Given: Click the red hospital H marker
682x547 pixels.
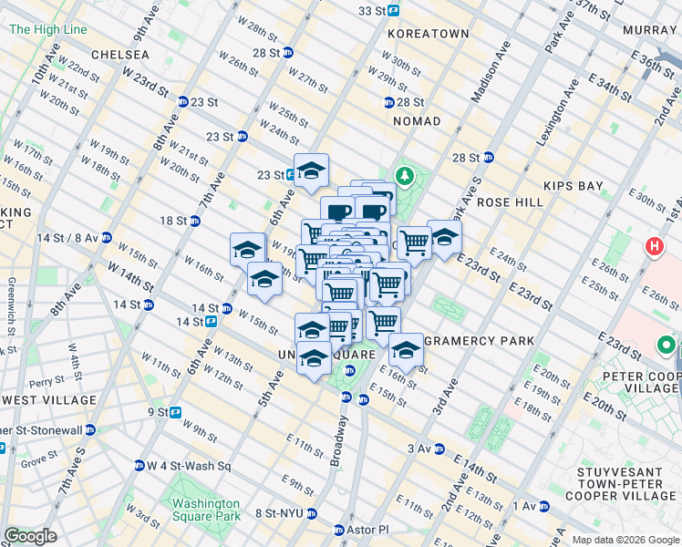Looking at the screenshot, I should [x=653, y=246].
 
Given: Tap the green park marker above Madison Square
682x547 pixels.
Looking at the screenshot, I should [x=402, y=175].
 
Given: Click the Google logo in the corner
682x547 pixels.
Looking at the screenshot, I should [x=30, y=535].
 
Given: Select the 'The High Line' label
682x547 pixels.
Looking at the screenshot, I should [x=47, y=29].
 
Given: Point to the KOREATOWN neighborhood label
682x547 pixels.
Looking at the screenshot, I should [x=428, y=34].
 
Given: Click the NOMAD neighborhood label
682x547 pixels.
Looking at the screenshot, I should [x=416, y=121].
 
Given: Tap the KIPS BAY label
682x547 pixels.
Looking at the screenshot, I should [x=573, y=186].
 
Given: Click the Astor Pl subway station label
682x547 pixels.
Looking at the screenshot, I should [x=367, y=530].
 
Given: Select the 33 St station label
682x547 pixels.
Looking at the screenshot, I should [x=372, y=11].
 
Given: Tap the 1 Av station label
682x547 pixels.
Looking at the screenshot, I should [x=525, y=506].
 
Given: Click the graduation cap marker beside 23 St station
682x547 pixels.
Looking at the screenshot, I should [x=311, y=170].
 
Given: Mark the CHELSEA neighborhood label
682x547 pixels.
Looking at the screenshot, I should [x=119, y=55].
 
